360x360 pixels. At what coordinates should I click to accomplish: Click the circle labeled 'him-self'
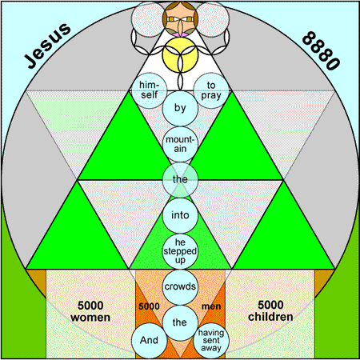150,90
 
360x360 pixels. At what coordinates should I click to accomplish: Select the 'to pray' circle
211,90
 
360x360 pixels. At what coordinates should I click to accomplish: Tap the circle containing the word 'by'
180,108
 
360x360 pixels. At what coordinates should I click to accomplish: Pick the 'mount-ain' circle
180,144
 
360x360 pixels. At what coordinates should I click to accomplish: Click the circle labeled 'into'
180,215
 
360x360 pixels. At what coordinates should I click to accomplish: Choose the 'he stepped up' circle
180,251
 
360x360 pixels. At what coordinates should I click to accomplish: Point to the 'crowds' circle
180,287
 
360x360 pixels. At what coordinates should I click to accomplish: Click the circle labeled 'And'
150,341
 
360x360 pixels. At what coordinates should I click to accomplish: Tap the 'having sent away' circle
211,341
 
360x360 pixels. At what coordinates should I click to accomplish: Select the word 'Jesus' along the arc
47,46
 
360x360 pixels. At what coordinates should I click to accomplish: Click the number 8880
322,50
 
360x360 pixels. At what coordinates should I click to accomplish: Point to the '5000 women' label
90,311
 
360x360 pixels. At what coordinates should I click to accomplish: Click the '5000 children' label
270,310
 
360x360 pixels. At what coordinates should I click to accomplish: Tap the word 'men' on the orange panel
211,306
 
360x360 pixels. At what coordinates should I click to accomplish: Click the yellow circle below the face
180,54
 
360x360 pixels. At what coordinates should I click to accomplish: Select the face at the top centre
180,19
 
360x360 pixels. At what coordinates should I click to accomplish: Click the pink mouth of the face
180,34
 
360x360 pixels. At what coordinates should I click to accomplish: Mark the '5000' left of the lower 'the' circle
149,306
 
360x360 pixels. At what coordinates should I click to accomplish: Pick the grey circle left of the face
149,19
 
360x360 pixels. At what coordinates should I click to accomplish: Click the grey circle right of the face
212,19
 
